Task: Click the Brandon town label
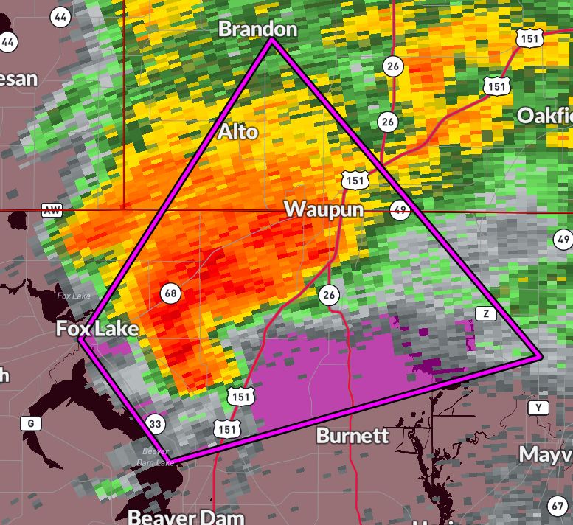coord(257,29)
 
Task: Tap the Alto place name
coord(238,131)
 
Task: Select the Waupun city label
coord(324,209)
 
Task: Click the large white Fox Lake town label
coord(97,328)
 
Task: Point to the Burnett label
coord(352,435)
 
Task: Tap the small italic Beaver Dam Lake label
coord(155,457)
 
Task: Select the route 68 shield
coord(170,293)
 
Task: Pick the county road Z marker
coord(485,313)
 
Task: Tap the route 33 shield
coord(154,424)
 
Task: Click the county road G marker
coord(30,423)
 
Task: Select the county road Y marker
coord(538,408)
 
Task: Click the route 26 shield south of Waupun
coord(328,296)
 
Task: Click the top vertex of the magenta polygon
coord(271,41)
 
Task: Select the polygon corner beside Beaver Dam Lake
coord(174,463)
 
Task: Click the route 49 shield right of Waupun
coord(399,209)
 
